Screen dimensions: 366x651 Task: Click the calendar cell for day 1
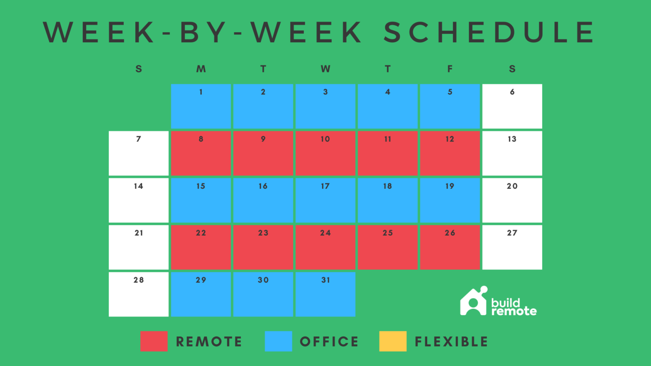[x=201, y=106]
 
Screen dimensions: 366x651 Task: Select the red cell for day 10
[x=325, y=153]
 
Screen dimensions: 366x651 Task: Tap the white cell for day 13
[x=512, y=153]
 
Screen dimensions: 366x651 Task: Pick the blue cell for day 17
[x=325, y=200]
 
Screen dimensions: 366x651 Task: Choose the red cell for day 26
[x=450, y=247]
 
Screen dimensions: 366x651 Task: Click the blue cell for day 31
[x=325, y=294]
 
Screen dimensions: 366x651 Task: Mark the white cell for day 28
[x=139, y=294]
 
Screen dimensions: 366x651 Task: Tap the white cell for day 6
[x=512, y=106]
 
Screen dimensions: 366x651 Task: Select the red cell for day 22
[x=201, y=247]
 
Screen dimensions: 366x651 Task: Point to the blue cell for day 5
[x=450, y=106]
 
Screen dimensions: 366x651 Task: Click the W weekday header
[x=325, y=69]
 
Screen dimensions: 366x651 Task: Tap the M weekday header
[x=201, y=69]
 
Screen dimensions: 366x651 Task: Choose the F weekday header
[x=450, y=69]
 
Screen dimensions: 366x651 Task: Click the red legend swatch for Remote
[x=154, y=341]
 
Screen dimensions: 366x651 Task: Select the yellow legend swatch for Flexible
[x=393, y=341]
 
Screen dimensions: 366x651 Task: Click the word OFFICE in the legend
[x=329, y=342]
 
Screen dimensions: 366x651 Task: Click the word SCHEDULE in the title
[x=490, y=32]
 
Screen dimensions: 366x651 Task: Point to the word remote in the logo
[x=514, y=312]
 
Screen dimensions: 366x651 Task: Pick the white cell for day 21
[x=139, y=247]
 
